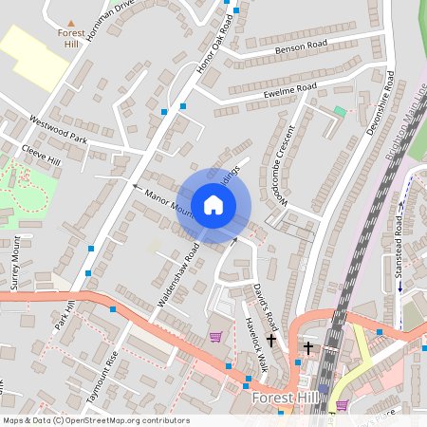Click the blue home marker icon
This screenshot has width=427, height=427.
(213, 204)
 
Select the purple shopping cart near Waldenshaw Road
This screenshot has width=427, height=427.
(215, 336)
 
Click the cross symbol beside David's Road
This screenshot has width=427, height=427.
(271, 339)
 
